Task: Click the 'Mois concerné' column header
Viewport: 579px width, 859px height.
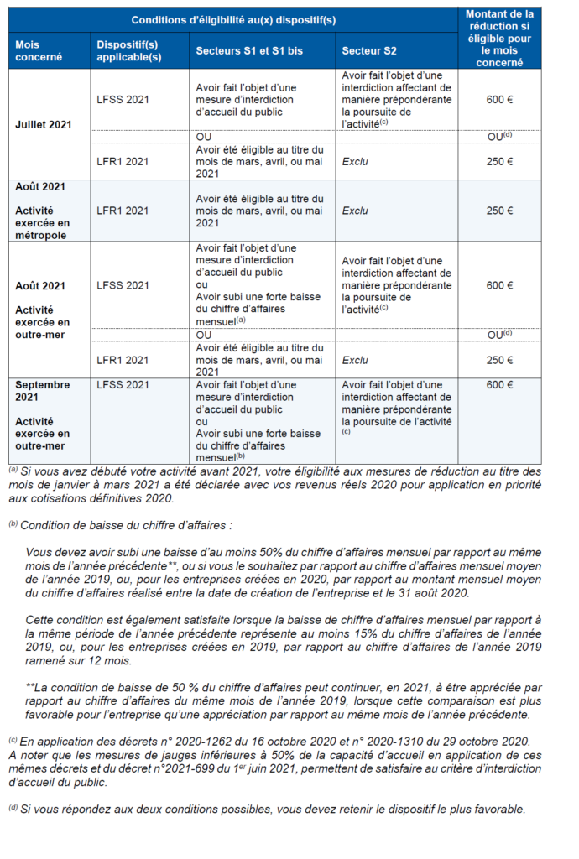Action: (34, 50)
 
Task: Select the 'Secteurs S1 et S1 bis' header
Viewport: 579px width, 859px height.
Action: (249, 51)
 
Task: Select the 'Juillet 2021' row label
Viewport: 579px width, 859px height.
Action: (44, 124)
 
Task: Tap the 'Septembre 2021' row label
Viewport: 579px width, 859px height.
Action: (43, 390)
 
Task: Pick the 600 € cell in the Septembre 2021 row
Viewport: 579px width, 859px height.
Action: (499, 385)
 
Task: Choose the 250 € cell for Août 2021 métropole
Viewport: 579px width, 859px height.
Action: (499, 211)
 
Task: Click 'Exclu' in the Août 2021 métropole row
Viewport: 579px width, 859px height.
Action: (355, 211)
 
